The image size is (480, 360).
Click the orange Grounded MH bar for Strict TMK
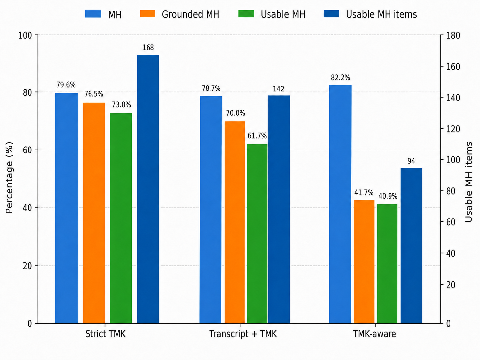pyautogui.click(x=94, y=213)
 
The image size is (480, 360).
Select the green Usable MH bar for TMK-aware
pyautogui.click(x=387, y=264)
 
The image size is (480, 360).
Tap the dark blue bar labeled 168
pyautogui.click(x=148, y=189)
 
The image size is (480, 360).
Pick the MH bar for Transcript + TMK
pyautogui.click(x=210, y=210)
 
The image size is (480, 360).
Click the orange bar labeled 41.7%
pyautogui.click(x=364, y=262)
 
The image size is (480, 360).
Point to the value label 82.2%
pyautogui.click(x=340, y=78)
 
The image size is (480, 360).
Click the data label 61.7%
pyautogui.click(x=257, y=136)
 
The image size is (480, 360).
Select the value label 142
pyautogui.click(x=278, y=89)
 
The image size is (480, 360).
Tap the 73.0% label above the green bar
pyautogui.click(x=121, y=105)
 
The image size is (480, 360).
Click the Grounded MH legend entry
pyautogui.click(x=180, y=14)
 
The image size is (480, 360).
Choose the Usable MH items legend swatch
pyautogui.click(x=331, y=14)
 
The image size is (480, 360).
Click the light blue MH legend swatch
pyautogui.click(x=93, y=14)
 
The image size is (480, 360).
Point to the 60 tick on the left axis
pyautogui.click(x=27, y=150)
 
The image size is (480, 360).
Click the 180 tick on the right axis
pyautogui.click(x=453, y=35)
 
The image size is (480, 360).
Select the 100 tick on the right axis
pyautogui.click(x=453, y=160)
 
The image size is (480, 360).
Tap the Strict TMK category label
pyautogui.click(x=105, y=334)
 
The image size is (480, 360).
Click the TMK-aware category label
pyautogui.click(x=374, y=334)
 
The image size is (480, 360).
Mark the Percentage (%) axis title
pyautogui.click(x=9, y=177)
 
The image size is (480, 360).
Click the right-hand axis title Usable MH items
pyautogui.click(x=469, y=182)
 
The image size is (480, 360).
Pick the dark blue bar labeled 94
pyautogui.click(x=411, y=246)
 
